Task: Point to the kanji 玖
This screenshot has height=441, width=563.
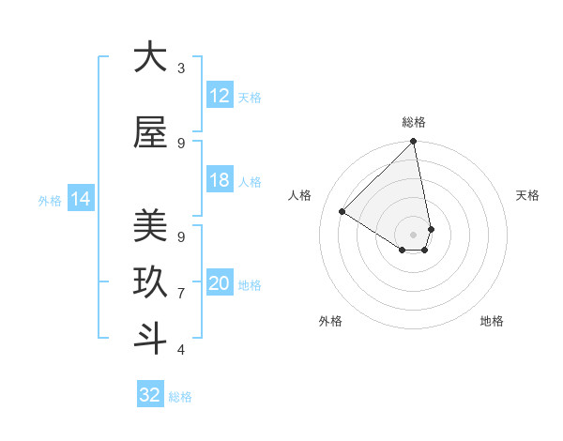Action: pos(150,281)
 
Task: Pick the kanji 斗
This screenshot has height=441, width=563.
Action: pos(150,338)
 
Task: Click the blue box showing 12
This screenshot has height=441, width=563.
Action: pos(220,96)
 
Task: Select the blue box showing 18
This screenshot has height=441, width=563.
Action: pos(220,180)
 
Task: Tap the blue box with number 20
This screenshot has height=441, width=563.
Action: pos(220,284)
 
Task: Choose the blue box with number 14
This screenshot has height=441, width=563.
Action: pos(80,199)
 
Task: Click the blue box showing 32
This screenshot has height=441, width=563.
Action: pos(150,395)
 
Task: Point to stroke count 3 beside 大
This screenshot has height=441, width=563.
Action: pos(180,68)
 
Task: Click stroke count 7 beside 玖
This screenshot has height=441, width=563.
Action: pos(180,294)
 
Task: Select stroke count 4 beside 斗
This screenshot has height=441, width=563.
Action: pos(180,350)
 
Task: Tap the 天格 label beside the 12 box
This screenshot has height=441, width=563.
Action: pos(250,97)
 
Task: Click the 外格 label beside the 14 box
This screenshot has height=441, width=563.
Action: pos(50,200)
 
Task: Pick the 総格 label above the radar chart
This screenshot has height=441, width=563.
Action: pos(413,122)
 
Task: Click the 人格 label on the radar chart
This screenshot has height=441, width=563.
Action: pos(300,195)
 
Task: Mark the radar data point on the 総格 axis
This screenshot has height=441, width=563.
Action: pos(413,143)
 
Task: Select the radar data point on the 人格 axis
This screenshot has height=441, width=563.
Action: pos(342,212)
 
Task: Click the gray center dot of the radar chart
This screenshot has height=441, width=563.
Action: pos(413,234)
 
